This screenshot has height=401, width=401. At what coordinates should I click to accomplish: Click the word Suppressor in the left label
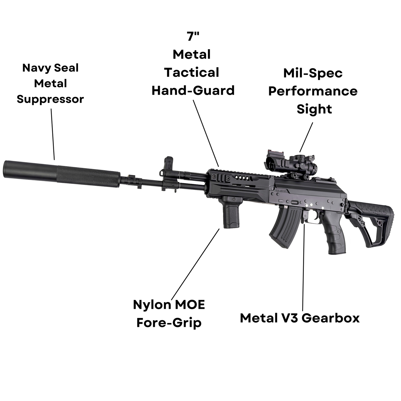(50, 99)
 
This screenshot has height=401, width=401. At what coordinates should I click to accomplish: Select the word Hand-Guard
(193, 90)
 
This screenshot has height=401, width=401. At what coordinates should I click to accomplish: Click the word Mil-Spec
(313, 73)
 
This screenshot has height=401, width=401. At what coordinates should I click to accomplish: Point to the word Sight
(314, 109)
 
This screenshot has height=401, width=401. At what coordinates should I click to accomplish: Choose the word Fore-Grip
(169, 323)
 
